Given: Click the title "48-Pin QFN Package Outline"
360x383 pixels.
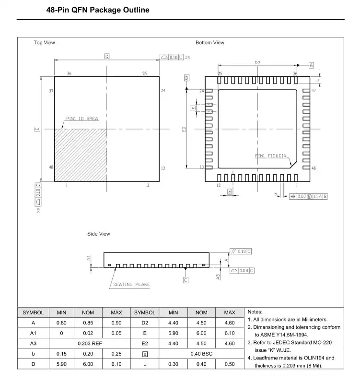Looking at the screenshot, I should pos(98,10).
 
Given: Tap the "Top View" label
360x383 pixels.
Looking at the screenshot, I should pos(44,43).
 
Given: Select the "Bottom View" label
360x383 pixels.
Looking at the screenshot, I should pos(209,43).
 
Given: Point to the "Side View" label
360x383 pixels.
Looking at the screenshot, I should pos(98,234).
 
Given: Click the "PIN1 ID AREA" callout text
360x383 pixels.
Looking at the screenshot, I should pos(82,119).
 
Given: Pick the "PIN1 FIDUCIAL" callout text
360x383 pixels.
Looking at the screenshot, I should pos(271,156).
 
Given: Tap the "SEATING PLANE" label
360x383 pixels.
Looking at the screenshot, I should pos(131,285).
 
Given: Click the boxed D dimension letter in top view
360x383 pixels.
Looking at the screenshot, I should pos(107,57).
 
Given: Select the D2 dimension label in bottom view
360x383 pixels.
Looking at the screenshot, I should pos(257,62).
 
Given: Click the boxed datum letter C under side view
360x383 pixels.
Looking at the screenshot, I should pos(186,279).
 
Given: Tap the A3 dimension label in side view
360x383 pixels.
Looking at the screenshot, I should pos(218,276).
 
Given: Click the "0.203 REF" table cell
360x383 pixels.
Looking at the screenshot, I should pos(88,343).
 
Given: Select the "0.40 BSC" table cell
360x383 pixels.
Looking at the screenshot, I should pos(201,354).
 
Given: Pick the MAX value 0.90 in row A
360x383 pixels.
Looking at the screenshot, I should pos(116,323).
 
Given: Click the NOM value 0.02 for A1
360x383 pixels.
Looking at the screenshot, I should pos(88,333).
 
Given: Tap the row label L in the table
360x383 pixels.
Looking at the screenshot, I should pos(145,364).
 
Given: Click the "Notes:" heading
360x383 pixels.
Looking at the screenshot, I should pos(255,312).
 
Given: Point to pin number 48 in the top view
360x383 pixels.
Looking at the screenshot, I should pos(51,167).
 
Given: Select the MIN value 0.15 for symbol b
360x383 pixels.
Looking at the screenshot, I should pos(62,354).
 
